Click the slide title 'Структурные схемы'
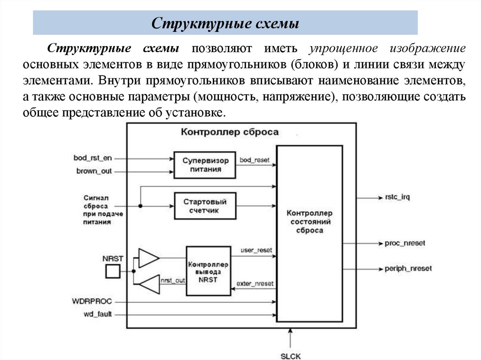(x=225, y=23)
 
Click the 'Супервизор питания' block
(x=204, y=165)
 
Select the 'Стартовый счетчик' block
(x=204, y=206)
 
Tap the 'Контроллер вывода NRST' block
(x=208, y=271)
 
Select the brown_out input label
(x=94, y=171)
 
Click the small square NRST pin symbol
(x=113, y=271)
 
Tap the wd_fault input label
(x=98, y=314)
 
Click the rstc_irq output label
(x=397, y=197)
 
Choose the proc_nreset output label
(x=404, y=243)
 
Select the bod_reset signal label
(x=255, y=161)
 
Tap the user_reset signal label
(x=256, y=250)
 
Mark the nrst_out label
(x=172, y=280)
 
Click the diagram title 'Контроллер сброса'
(x=229, y=132)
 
